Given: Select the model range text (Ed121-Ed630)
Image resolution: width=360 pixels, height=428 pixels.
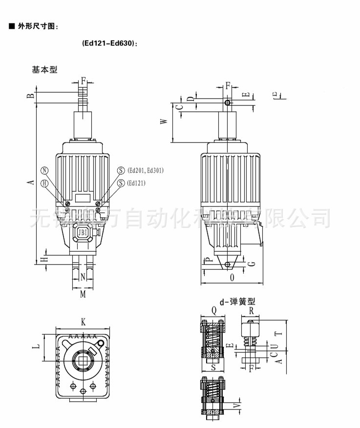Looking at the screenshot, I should tap(110, 43).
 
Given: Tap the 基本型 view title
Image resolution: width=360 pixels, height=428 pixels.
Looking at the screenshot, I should tap(44, 70).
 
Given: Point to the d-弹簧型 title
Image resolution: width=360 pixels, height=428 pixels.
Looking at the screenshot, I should tap(237, 302).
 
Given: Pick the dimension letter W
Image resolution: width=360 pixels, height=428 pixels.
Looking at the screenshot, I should tap(165, 121).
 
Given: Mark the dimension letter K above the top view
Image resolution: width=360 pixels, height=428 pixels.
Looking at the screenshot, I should tap(84, 322).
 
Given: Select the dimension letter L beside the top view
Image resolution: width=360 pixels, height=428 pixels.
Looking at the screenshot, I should tap(36, 346).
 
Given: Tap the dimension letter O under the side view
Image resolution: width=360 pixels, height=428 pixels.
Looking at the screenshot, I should tap(232, 277).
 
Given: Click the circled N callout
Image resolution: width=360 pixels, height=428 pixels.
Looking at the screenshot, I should tap(45, 170).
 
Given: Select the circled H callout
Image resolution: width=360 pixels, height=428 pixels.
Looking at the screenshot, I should tap(45, 183).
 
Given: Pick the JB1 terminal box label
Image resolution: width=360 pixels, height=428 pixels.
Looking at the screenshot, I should tap(82, 232).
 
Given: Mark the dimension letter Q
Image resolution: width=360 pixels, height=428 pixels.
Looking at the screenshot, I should tap(214, 309).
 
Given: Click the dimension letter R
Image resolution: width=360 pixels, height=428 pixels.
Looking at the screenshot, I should tap(251, 309).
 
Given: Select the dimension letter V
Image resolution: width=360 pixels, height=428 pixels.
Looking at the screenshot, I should tap(238, 405).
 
